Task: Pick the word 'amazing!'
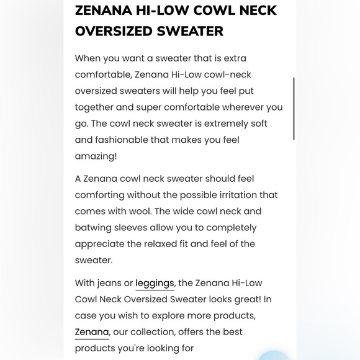pyautogui.click(x=96, y=156)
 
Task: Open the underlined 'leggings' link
pyautogui.click(x=155, y=283)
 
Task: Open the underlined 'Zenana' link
pyautogui.click(x=92, y=332)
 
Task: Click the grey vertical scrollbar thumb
pyautogui.click(x=293, y=109)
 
